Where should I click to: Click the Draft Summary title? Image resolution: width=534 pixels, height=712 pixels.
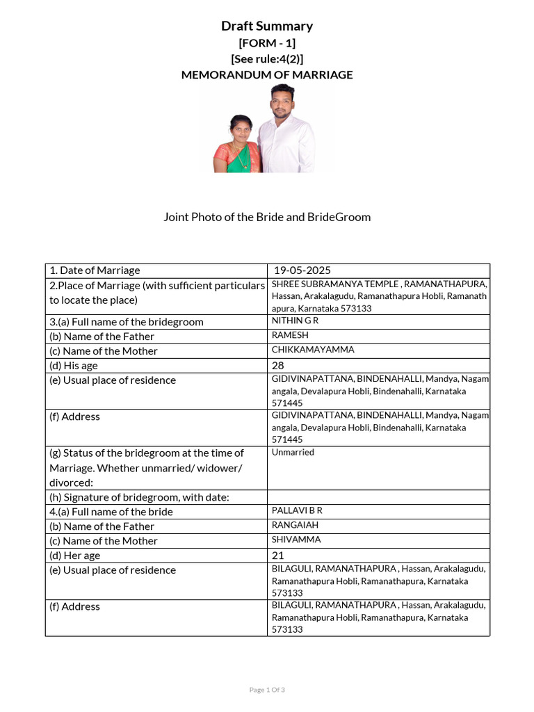pos(267,26)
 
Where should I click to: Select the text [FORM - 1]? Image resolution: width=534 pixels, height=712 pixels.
pos(267,43)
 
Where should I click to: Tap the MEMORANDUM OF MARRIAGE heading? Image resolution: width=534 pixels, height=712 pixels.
pos(267,75)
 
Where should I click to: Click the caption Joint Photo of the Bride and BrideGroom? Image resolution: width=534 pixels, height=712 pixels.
pos(267,217)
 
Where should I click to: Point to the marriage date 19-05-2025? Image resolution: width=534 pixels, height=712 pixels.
pos(302,270)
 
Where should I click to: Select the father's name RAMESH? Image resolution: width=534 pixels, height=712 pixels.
pos(290,335)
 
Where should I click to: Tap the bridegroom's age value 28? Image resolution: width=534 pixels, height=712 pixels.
pos(279,366)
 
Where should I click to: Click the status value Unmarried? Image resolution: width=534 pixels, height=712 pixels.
pos(293,452)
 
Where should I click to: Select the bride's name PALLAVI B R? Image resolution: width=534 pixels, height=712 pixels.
pos(297,510)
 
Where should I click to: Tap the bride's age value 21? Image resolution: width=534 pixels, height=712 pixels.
pos(279,556)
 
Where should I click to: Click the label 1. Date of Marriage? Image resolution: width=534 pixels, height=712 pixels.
pos(95,270)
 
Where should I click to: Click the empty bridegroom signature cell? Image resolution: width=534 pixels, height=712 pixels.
pos(378,497)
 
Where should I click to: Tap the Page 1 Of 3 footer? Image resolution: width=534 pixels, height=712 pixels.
pos(267,690)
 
